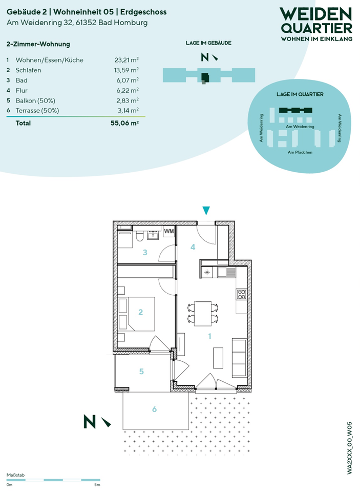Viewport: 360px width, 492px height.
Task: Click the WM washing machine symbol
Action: click(x=169, y=232)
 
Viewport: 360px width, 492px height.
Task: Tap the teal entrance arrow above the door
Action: click(x=206, y=210)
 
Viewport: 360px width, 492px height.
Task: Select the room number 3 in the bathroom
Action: click(x=145, y=252)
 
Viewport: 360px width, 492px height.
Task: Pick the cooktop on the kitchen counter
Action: click(x=241, y=294)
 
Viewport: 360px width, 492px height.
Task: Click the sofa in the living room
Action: click(x=239, y=358)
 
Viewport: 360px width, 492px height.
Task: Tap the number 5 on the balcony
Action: click(x=142, y=372)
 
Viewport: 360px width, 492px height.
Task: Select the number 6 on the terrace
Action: click(x=154, y=409)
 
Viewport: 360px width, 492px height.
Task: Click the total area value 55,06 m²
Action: click(x=124, y=123)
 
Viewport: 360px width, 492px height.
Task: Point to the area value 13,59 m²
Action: click(x=126, y=70)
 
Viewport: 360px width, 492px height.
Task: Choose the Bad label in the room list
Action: click(x=22, y=80)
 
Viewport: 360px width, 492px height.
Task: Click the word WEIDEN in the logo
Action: click(x=315, y=14)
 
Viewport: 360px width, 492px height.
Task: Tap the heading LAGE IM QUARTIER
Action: click(x=300, y=94)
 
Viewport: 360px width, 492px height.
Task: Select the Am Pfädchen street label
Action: click(x=300, y=152)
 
